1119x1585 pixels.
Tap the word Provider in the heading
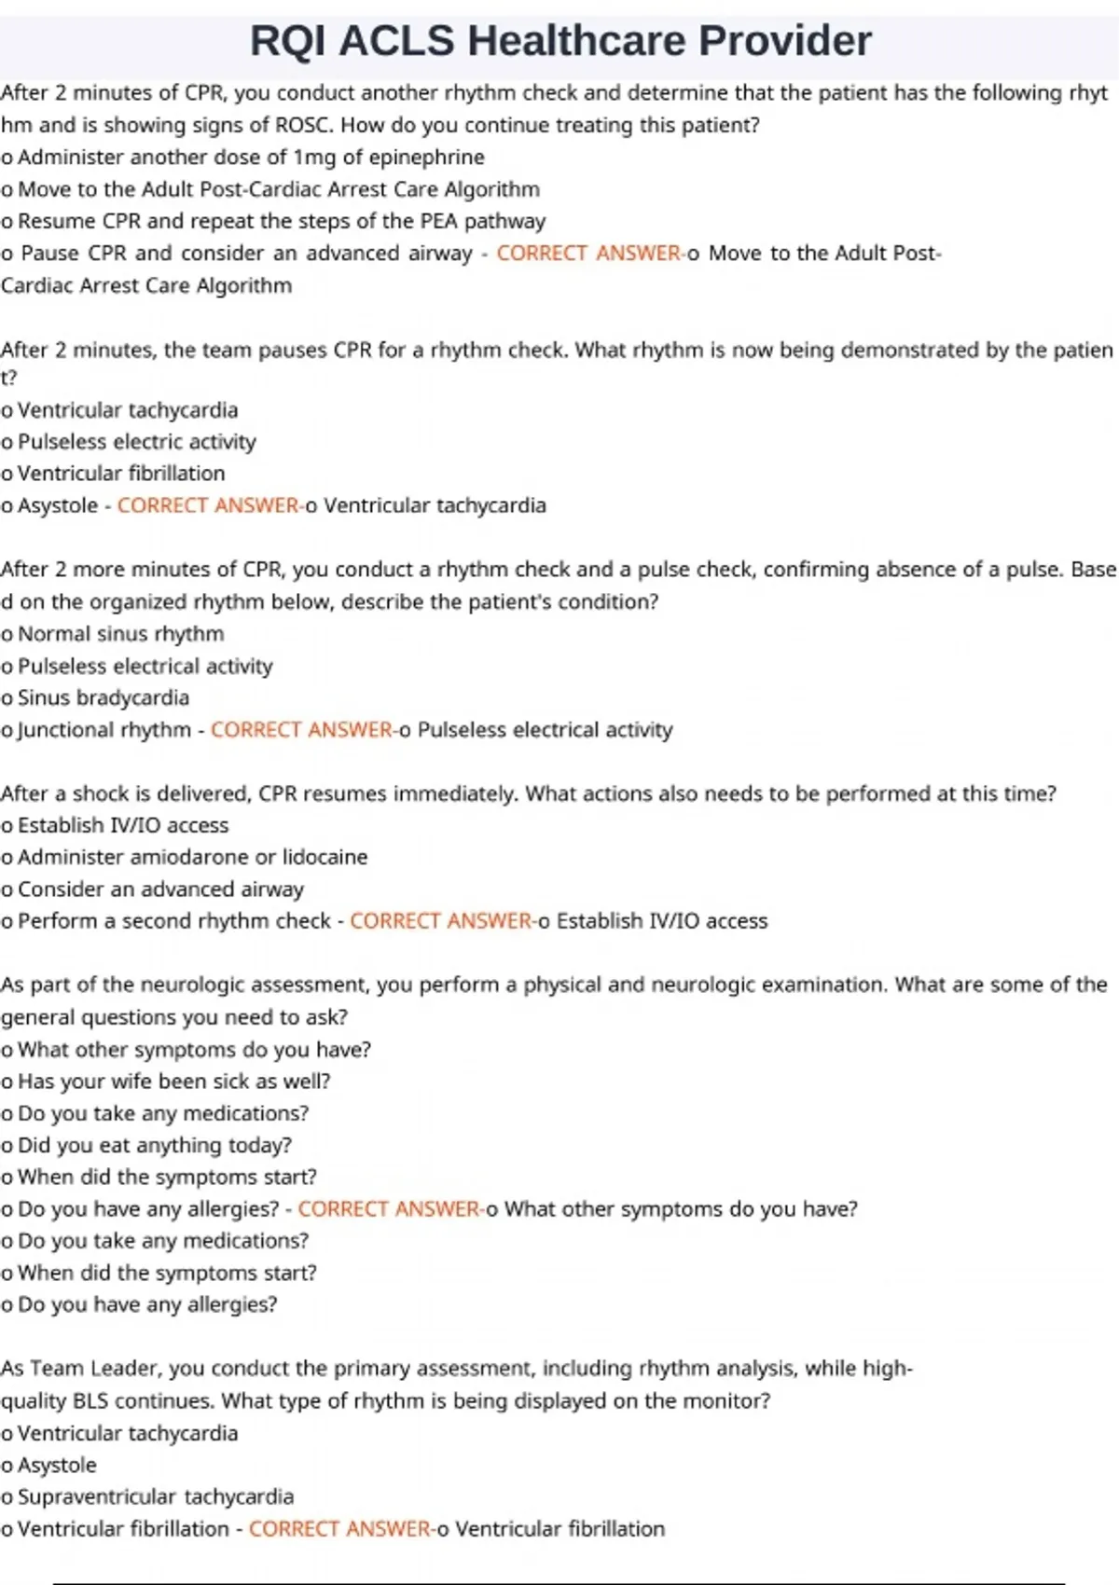pyautogui.click(x=785, y=41)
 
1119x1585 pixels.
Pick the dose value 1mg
pyautogui.click(x=314, y=158)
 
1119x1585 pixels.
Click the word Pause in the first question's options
pyautogui.click(x=49, y=254)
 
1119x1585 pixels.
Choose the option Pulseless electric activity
pyautogui.click(x=136, y=442)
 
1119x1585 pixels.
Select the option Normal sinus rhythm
pyautogui.click(x=121, y=634)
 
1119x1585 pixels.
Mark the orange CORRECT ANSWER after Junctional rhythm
pyautogui.click(x=301, y=730)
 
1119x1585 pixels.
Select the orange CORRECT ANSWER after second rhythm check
pyautogui.click(x=440, y=921)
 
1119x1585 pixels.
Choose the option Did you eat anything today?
pyautogui.click(x=155, y=1145)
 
